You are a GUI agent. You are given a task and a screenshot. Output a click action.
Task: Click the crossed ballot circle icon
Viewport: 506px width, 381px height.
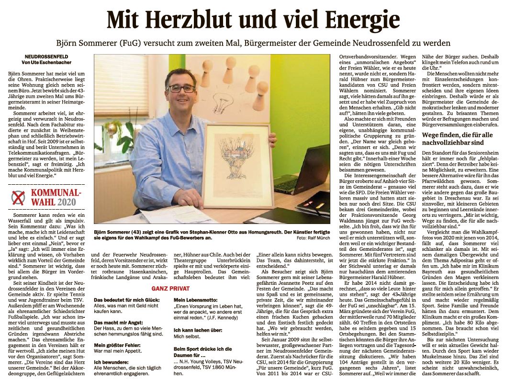click(x=19, y=198)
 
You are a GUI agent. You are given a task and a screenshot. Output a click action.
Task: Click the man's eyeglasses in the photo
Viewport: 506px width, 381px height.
click(x=180, y=89)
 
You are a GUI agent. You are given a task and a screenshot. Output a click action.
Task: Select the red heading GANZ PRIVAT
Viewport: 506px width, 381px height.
click(x=171, y=289)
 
